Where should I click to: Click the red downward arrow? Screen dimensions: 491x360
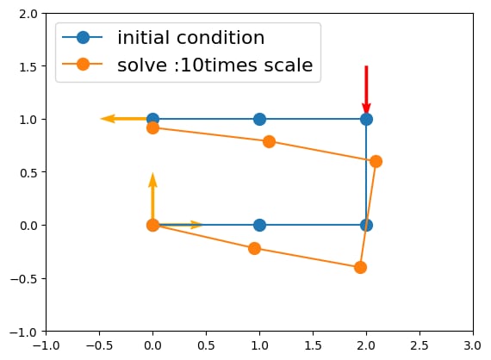(366, 90)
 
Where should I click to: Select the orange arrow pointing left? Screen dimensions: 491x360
(126, 119)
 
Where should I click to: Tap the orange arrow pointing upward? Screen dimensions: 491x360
(152, 198)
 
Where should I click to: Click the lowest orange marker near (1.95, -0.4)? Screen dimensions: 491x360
(360, 268)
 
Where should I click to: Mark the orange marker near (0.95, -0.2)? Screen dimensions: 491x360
(255, 249)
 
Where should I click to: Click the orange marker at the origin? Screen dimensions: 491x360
(152, 225)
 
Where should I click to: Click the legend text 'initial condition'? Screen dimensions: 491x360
(190, 38)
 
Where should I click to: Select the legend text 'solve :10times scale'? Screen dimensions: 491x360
(215, 65)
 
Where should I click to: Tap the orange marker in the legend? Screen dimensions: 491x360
(83, 65)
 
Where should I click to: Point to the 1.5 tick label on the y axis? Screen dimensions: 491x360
(28, 66)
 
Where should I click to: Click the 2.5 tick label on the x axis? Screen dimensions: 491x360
(420, 345)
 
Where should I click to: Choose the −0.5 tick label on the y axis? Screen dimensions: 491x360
(24, 278)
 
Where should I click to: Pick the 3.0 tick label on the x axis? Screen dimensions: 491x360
(473, 345)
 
